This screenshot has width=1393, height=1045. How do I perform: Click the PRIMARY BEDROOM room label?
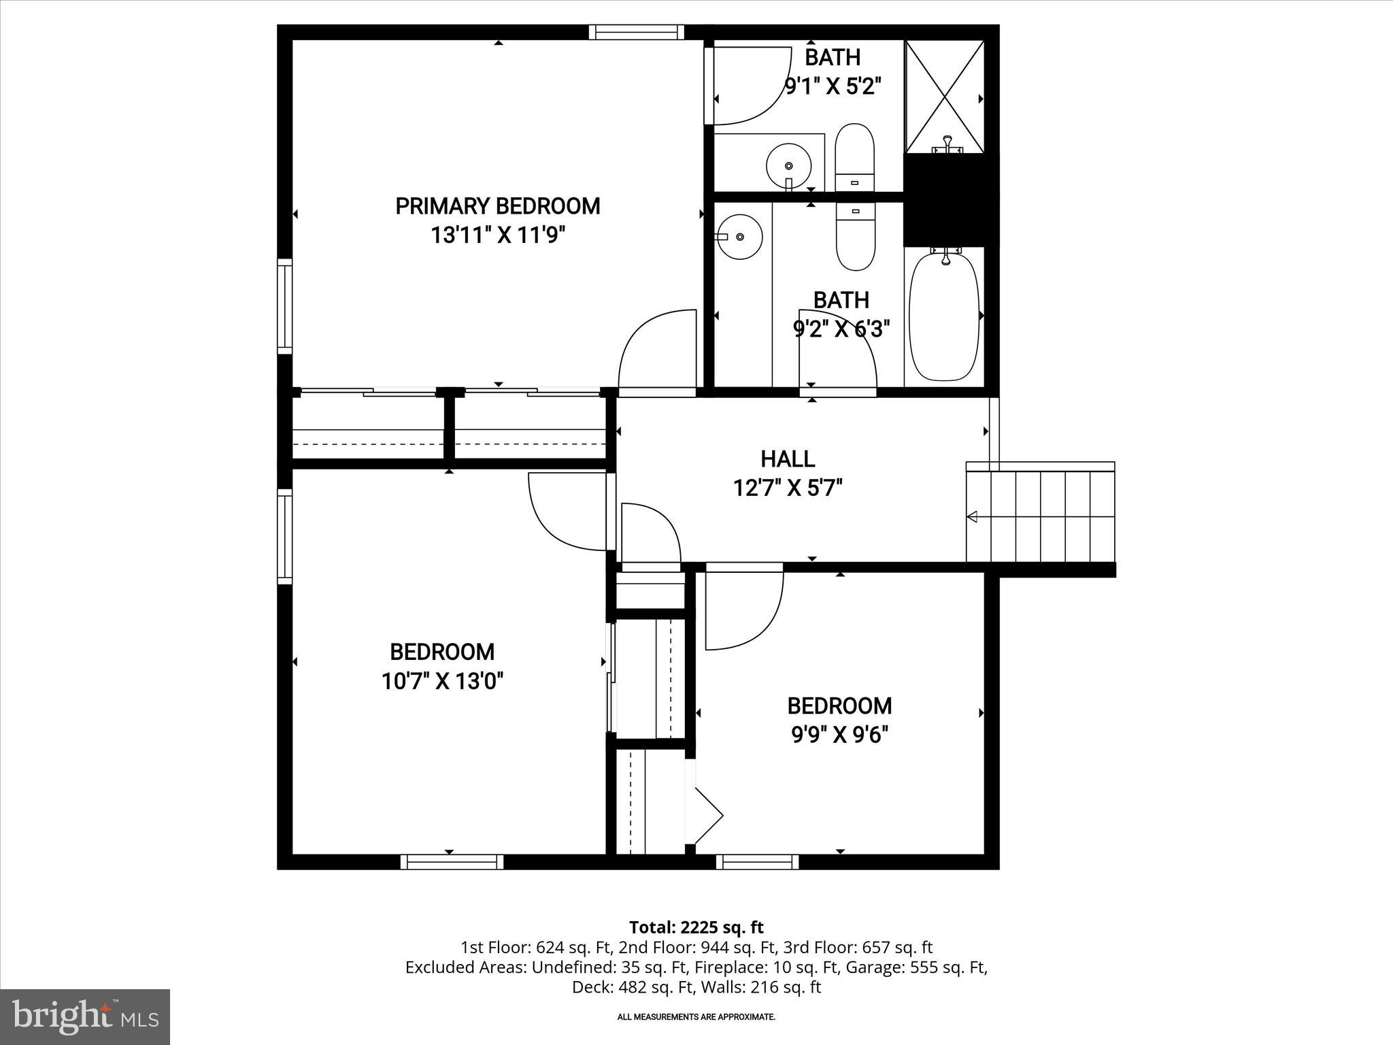(498, 206)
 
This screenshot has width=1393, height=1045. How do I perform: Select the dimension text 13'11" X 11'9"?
(498, 236)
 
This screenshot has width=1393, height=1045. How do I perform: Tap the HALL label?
(788, 459)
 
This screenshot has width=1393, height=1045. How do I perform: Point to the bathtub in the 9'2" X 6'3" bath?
(944, 316)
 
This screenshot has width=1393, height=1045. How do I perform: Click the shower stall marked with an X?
(944, 96)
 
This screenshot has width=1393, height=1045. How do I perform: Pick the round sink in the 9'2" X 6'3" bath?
(740, 236)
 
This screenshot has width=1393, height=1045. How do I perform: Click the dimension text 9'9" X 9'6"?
(840, 735)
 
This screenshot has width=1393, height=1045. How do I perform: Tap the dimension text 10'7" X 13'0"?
(442, 681)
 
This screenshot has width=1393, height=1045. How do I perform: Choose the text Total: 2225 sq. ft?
(696, 927)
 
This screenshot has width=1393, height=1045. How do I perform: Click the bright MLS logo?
(85, 1016)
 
